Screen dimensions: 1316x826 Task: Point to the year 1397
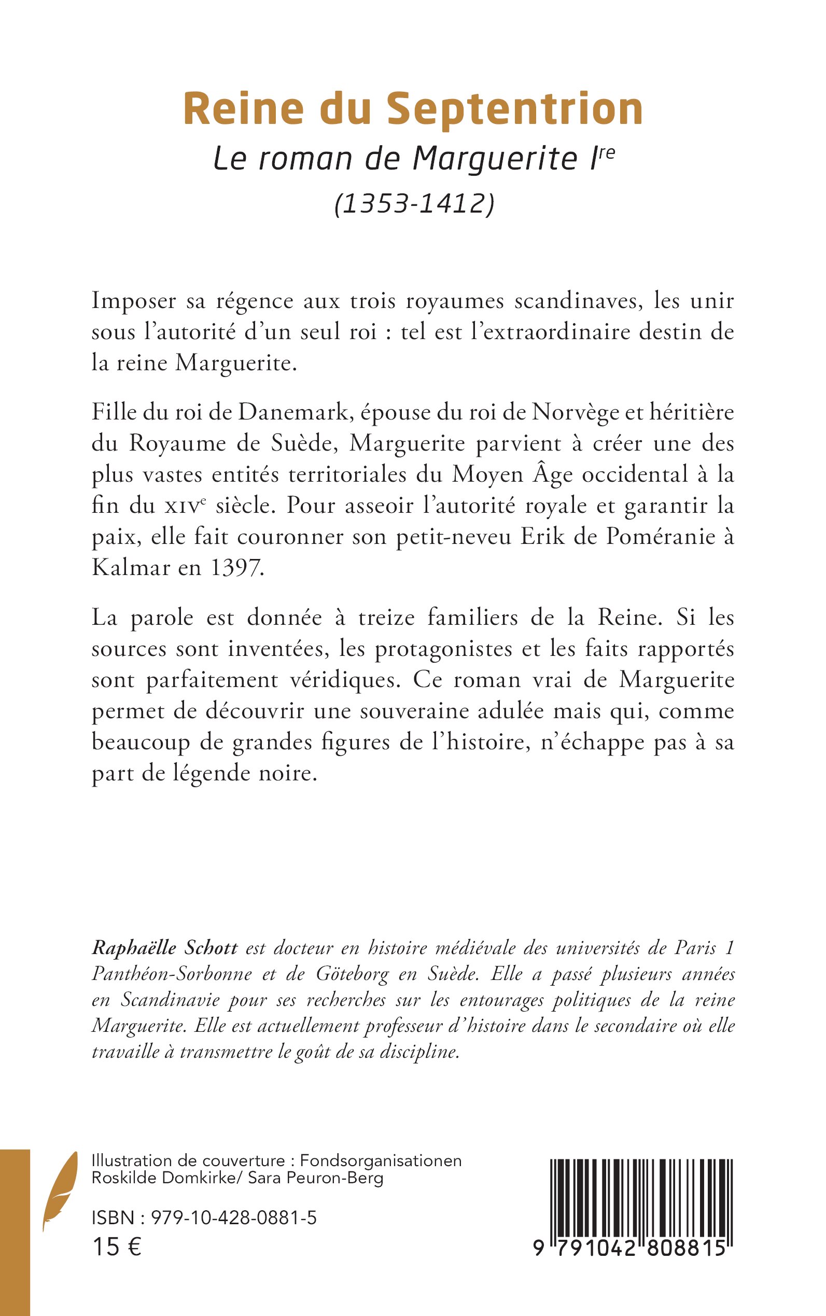click(x=236, y=568)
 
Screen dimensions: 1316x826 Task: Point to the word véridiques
click(x=346, y=680)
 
